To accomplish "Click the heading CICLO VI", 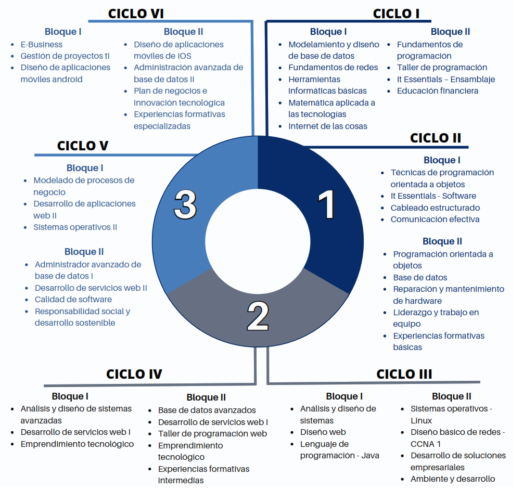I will (x=136, y=13).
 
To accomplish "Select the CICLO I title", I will (x=396, y=13).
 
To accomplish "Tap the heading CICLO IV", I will (x=134, y=374).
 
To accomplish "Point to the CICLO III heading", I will (x=404, y=374).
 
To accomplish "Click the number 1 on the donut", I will (x=326, y=205).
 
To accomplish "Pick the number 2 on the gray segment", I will (x=258, y=316).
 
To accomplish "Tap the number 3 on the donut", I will (x=185, y=204).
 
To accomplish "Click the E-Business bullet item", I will (x=42, y=44).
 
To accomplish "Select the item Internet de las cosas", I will (x=328, y=126).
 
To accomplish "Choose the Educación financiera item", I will (x=438, y=91).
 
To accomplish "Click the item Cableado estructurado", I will (x=435, y=208).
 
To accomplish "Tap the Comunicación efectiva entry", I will (x=435, y=219).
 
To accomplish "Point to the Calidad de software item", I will (x=73, y=299).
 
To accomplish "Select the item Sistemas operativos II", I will (x=75, y=227).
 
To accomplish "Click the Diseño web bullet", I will (x=323, y=432).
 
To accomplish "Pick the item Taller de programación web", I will (x=213, y=433).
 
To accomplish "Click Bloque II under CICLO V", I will (x=84, y=252).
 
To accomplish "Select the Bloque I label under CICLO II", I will (x=442, y=160).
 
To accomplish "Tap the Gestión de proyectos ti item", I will (x=65, y=56).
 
